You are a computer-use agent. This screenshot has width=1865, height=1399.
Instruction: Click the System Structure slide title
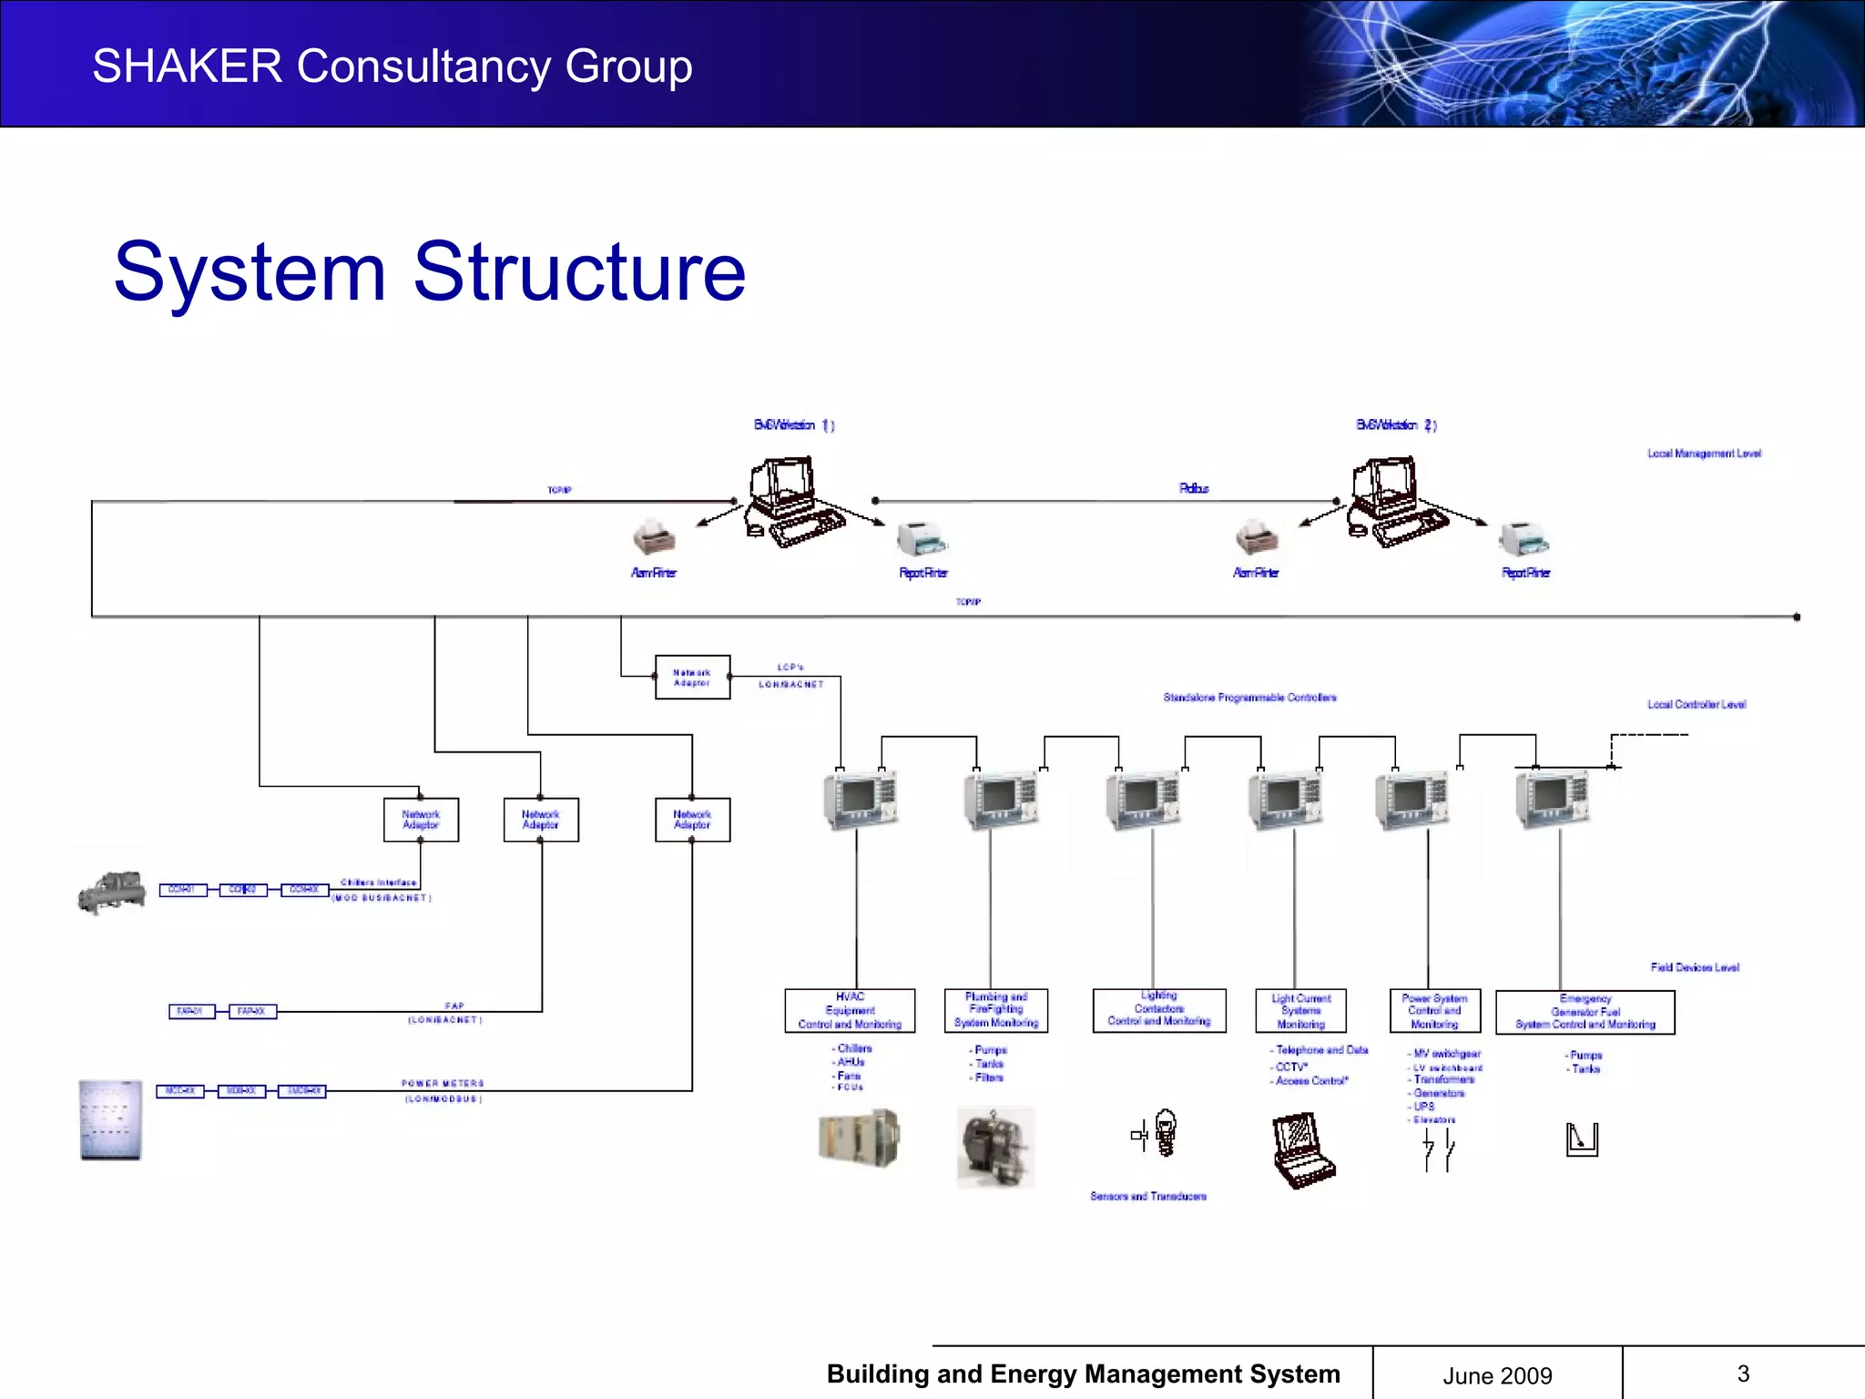430,271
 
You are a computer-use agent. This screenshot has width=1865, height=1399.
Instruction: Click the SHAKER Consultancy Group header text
392,66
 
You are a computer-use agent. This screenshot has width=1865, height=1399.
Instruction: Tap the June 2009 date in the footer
1497,1375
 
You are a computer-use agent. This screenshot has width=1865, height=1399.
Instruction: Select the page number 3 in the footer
1743,1373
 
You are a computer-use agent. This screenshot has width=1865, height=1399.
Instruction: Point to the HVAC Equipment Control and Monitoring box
850,1011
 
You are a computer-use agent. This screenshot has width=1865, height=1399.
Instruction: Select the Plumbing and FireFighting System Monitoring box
995,1011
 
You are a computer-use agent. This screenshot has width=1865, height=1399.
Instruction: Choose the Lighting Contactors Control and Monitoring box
1159,1010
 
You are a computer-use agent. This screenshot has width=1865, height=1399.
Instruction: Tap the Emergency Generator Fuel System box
1585,1012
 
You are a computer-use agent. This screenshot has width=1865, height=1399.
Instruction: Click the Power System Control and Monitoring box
1434,1011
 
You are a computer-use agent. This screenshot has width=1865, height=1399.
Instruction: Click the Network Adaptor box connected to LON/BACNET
692,678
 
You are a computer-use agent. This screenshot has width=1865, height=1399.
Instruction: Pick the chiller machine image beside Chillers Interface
111,892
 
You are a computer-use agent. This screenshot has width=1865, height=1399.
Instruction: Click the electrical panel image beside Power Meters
110,1120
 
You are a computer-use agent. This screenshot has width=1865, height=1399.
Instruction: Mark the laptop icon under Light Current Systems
1302,1150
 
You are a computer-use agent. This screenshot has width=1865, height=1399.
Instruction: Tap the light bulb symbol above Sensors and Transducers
1165,1132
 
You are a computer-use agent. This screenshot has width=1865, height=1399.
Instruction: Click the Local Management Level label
1704,454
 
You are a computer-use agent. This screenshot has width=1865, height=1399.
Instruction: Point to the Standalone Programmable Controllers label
1249,698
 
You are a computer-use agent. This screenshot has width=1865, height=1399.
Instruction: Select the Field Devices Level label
1695,967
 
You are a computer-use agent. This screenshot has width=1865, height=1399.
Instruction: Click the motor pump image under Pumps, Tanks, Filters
995,1148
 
